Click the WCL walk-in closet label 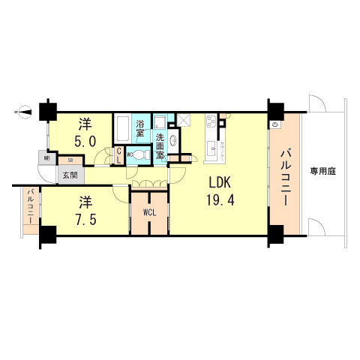(x=149, y=212)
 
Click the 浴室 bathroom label (x=142, y=128)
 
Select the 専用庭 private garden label (x=323, y=171)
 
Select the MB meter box (x=46, y=159)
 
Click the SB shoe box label (x=70, y=159)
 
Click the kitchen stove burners (x=210, y=123)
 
